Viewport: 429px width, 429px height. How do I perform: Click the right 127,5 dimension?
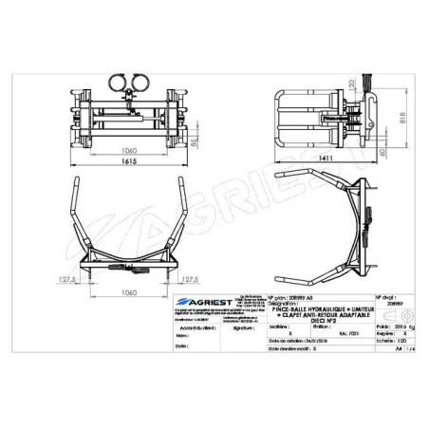pyautogui.click(x=190, y=279)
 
